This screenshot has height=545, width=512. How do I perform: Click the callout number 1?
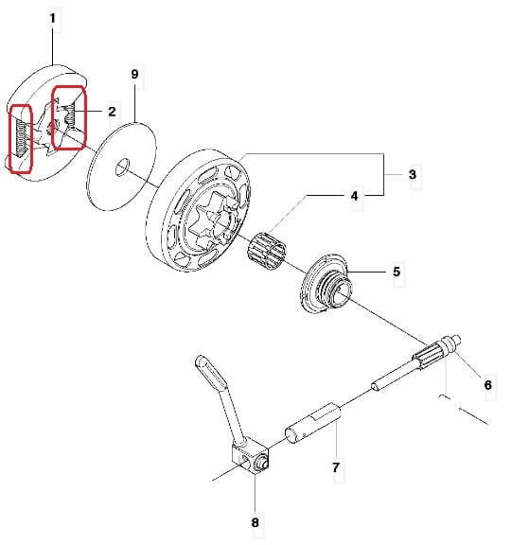pyautogui.click(x=53, y=18)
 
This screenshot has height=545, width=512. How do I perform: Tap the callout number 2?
pyautogui.click(x=112, y=112)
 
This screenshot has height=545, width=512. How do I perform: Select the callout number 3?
pyautogui.click(x=413, y=174)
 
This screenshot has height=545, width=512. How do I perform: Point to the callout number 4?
pyautogui.click(x=354, y=197)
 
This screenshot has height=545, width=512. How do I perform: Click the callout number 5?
pyautogui.click(x=397, y=272)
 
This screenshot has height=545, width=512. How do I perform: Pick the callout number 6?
pyautogui.click(x=488, y=385)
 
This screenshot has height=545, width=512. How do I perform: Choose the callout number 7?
pyautogui.click(x=335, y=467)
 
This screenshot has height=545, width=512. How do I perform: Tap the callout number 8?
pyautogui.click(x=256, y=522)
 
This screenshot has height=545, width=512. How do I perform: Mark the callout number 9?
pyautogui.click(x=135, y=74)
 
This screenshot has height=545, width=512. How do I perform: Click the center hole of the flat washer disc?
pyautogui.click(x=122, y=167)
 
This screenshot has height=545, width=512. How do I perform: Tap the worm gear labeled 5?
pyautogui.click(x=327, y=283)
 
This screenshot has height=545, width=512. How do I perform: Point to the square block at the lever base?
pyautogui.click(x=250, y=459)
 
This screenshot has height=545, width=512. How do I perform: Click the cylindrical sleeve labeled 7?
pyautogui.click(x=313, y=422)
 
